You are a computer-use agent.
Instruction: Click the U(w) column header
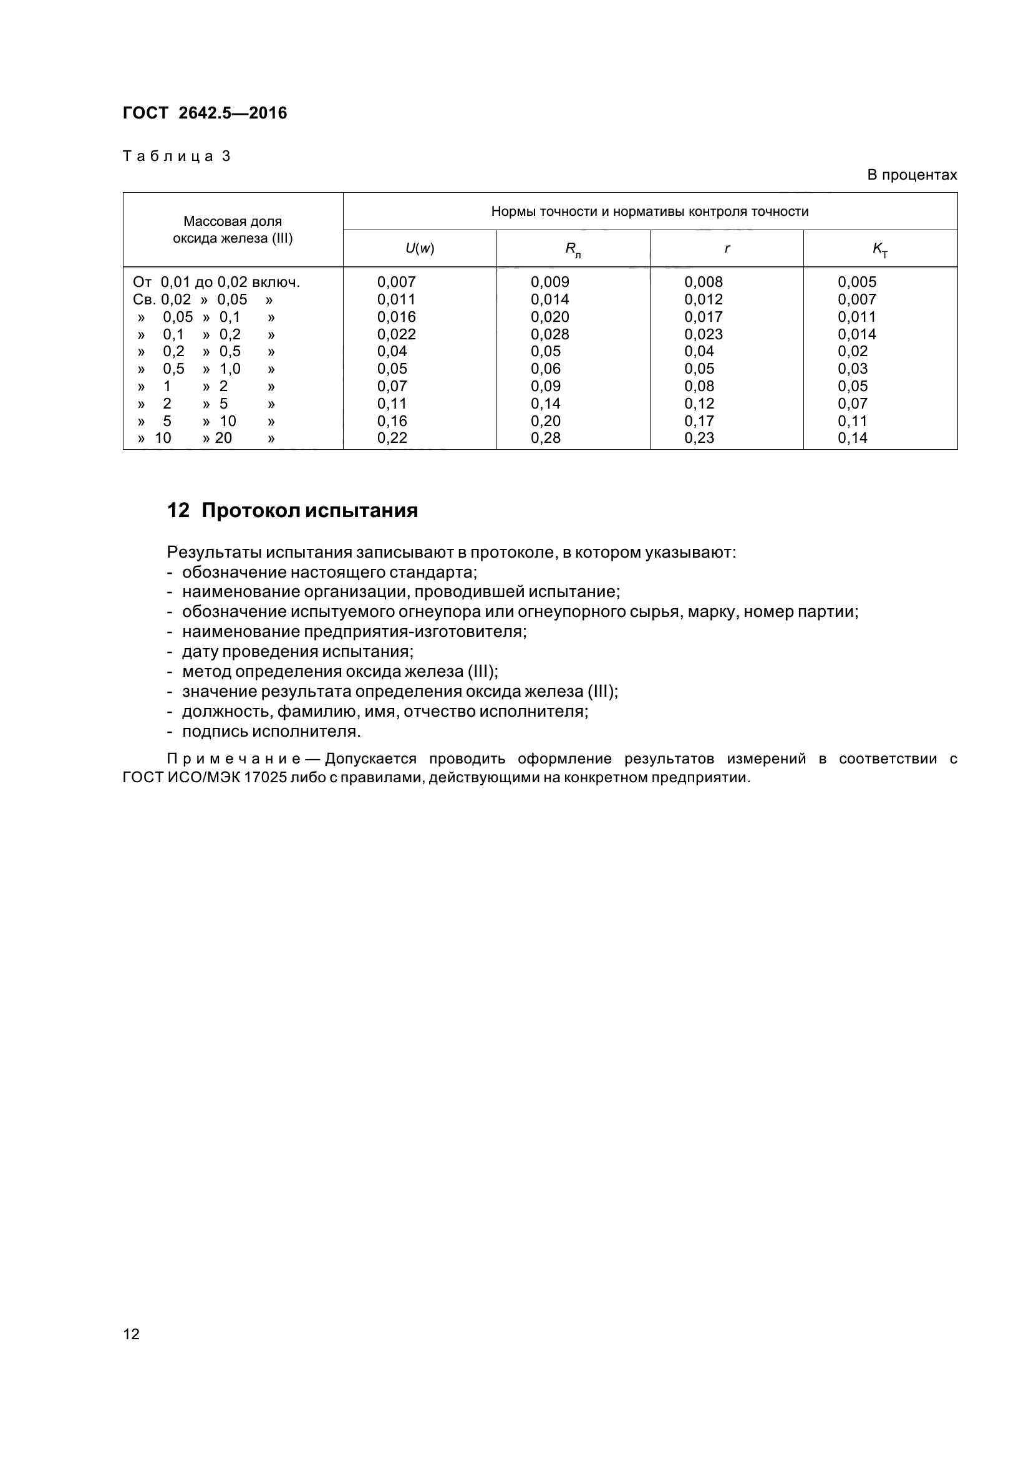(419, 248)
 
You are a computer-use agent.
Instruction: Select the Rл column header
(573, 250)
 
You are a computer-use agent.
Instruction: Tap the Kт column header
(880, 250)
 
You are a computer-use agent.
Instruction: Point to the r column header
(727, 248)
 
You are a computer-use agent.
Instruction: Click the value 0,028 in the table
(550, 334)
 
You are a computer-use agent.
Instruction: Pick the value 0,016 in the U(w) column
(397, 316)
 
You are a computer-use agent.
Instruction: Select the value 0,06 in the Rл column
(546, 369)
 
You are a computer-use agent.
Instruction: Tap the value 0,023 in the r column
(703, 334)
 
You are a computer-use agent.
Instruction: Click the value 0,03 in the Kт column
(853, 369)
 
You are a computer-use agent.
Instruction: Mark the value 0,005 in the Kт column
(857, 282)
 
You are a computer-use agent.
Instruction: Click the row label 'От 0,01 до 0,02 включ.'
(216, 282)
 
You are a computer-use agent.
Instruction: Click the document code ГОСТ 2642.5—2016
(205, 113)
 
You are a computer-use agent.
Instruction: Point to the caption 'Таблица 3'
(176, 157)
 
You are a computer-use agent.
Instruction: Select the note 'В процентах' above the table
(912, 175)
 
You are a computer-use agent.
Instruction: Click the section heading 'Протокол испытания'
(309, 510)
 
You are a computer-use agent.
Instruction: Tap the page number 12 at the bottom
(131, 1333)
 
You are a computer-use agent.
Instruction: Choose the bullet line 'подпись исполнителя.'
(271, 732)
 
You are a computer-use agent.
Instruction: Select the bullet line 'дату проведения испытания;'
(298, 652)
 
